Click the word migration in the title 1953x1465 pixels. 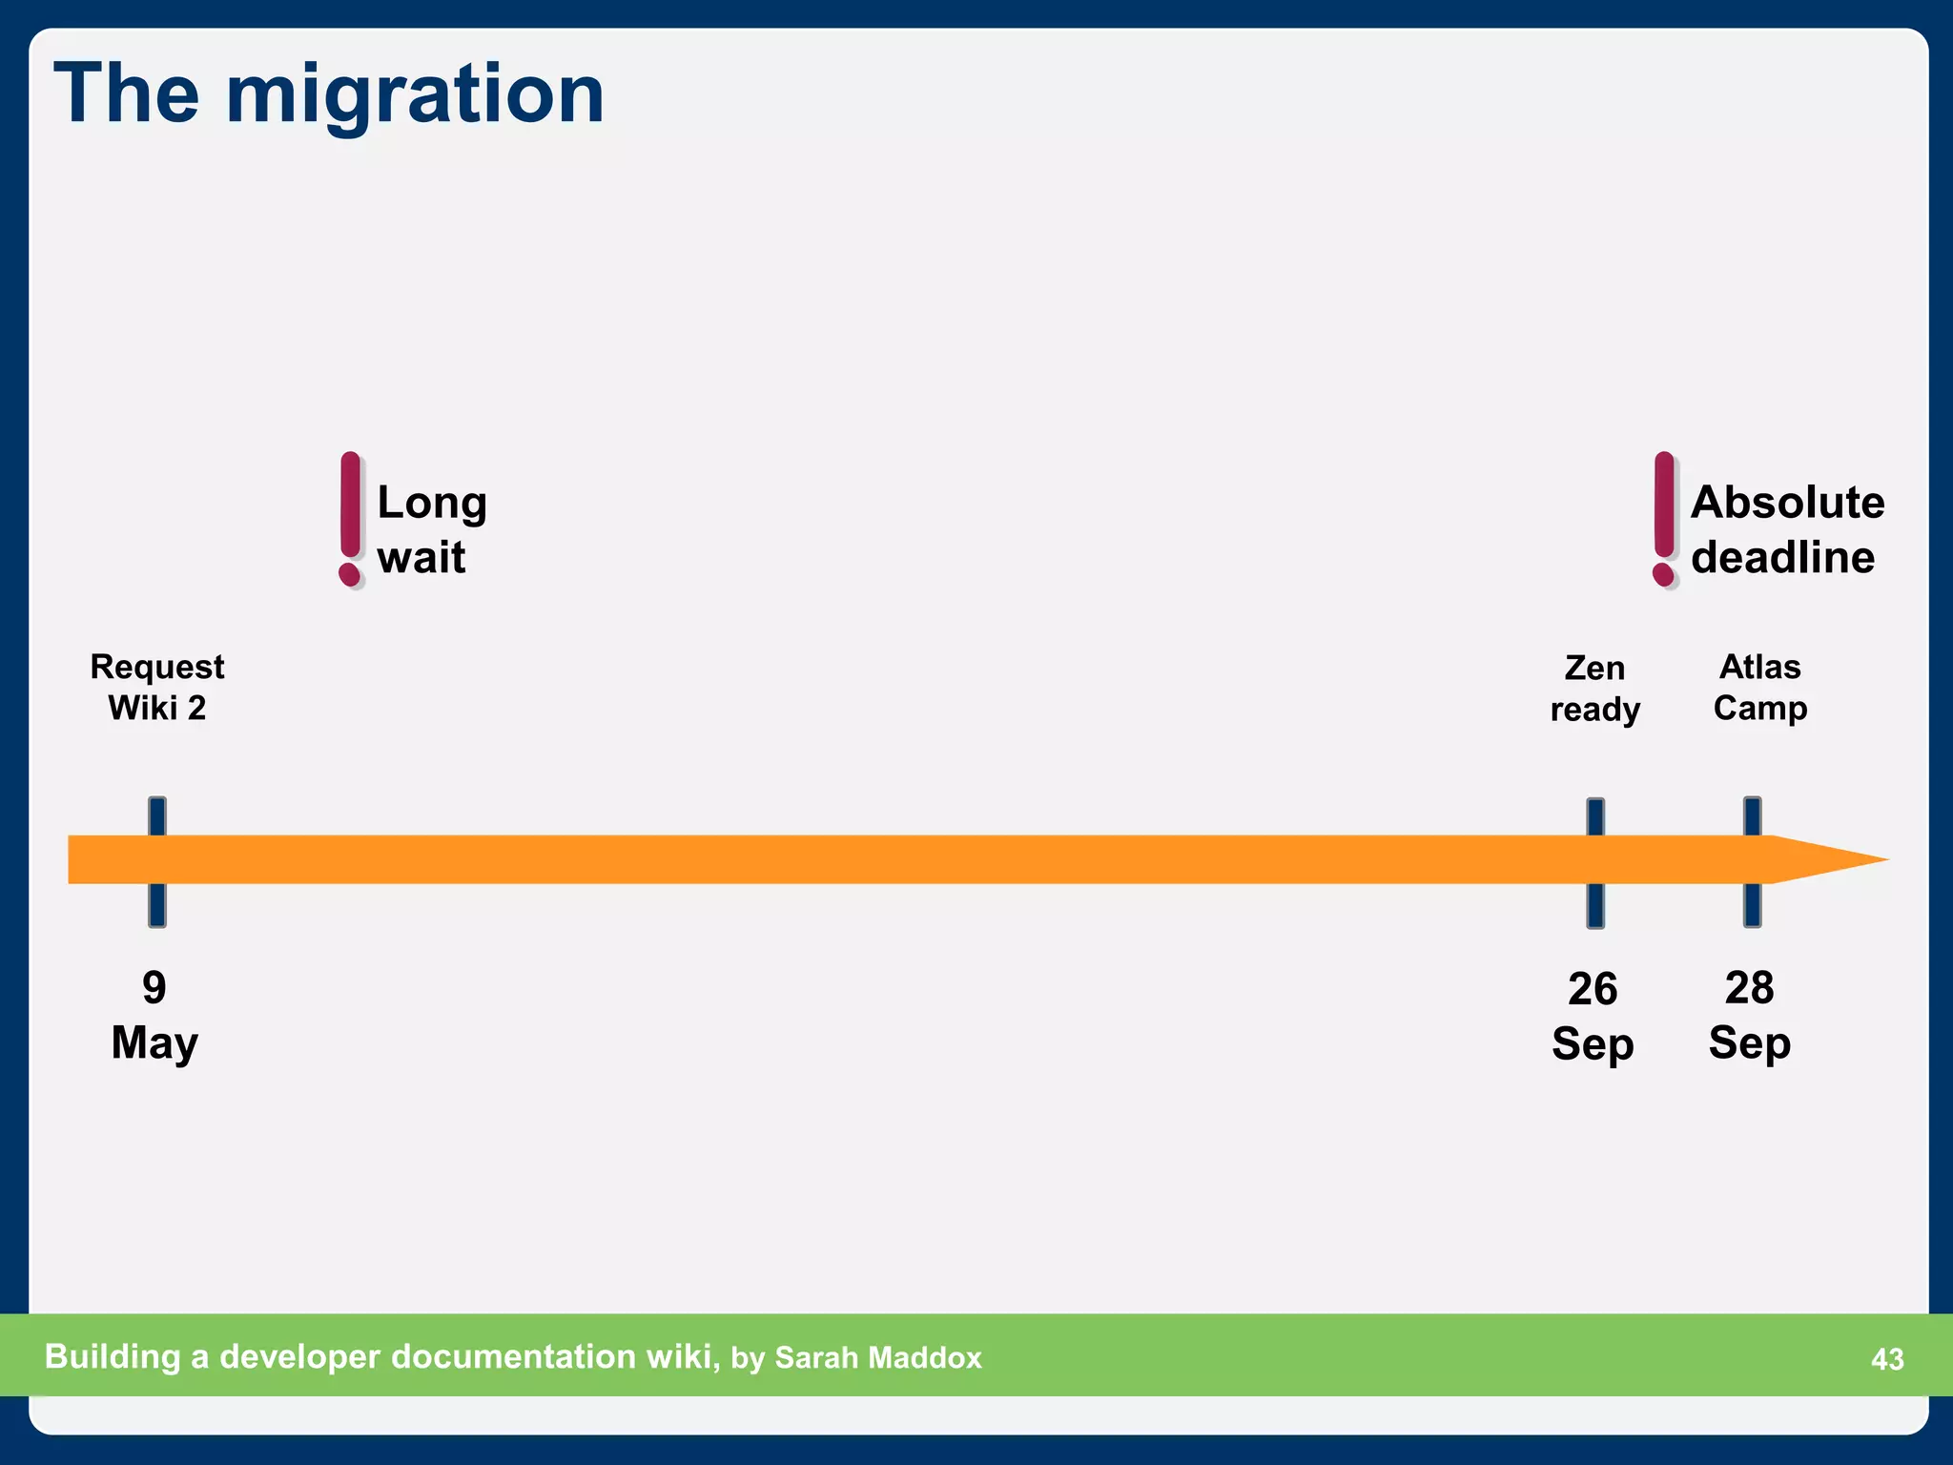tap(415, 95)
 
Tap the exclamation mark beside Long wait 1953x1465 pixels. tap(351, 519)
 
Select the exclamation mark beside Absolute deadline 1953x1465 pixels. tap(1664, 519)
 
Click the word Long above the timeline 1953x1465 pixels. tap(432, 503)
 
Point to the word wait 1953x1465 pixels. tap(421, 557)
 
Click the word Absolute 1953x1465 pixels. tap(1787, 503)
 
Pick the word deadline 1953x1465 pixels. tap(1782, 557)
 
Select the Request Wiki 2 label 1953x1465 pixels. tap(157, 688)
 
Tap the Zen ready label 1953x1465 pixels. tap(1594, 689)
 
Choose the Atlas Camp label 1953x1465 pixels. tap(1759, 688)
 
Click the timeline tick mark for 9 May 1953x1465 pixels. tap(157, 861)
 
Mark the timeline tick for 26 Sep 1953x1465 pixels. tap(1595, 862)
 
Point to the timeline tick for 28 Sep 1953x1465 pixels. tap(1752, 861)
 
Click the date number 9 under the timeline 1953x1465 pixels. tap(154, 988)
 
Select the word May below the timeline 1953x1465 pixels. tap(154, 1042)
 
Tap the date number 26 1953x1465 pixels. tap(1593, 989)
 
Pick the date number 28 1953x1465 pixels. tap(1749, 988)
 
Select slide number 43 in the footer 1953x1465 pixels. tap(1887, 1359)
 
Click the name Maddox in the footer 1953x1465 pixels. tap(925, 1358)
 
